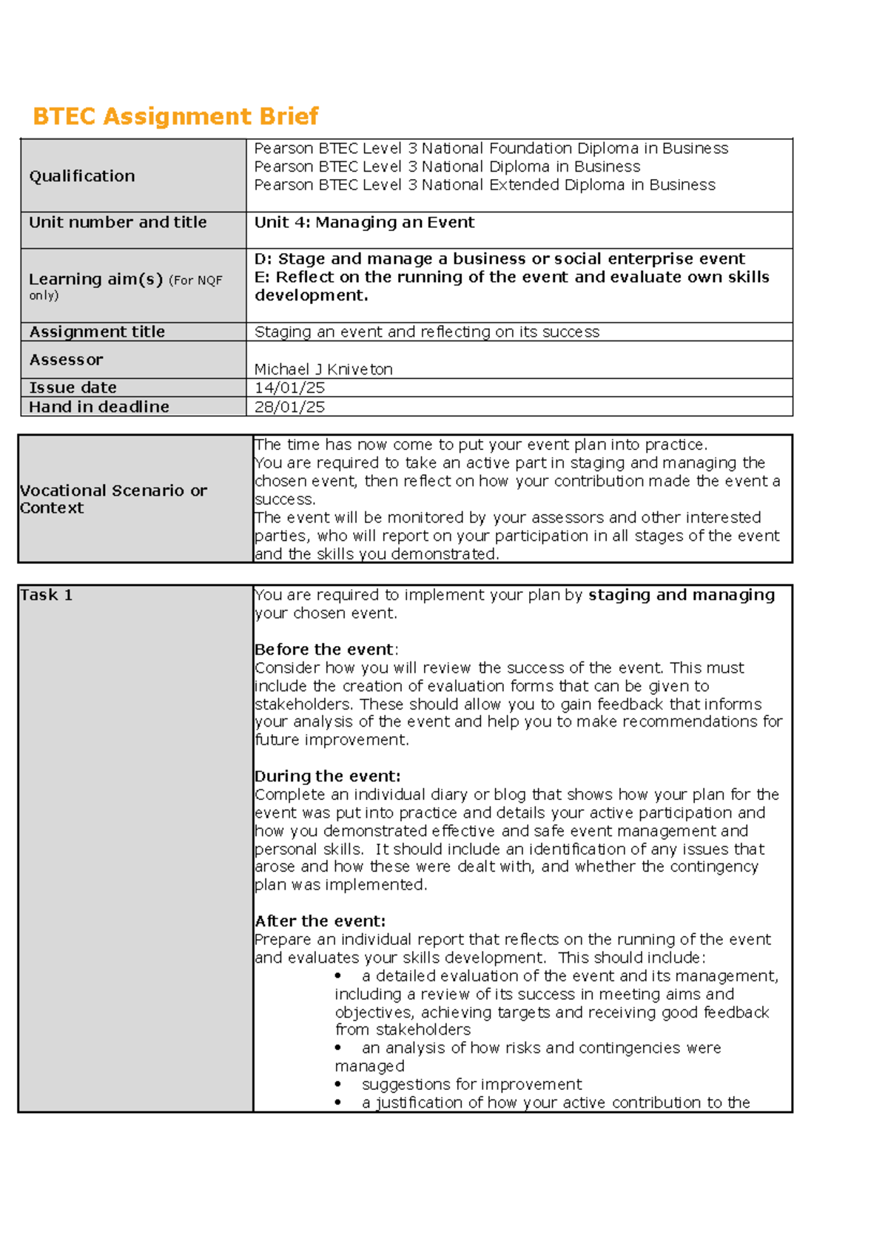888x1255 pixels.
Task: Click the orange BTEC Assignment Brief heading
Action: coord(175,116)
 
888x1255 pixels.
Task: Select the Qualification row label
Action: coord(82,176)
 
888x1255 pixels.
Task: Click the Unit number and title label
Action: coord(118,222)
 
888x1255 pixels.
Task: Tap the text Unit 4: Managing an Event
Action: coord(364,222)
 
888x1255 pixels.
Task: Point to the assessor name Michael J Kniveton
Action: coord(323,369)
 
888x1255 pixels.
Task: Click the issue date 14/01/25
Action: coord(289,388)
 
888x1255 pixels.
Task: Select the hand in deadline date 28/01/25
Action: coord(289,407)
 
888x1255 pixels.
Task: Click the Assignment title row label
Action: coord(97,332)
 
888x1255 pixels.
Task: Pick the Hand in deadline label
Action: coord(99,407)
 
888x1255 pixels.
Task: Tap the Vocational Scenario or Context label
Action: coord(113,499)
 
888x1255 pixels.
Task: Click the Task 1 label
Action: coord(46,595)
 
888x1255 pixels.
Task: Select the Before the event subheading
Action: coord(324,650)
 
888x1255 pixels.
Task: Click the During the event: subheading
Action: coord(327,776)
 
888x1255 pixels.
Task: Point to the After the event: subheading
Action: coord(320,921)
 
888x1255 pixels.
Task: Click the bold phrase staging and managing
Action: coord(681,595)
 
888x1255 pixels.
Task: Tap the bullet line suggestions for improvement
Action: coord(471,1085)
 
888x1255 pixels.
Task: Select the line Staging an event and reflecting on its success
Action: coord(427,332)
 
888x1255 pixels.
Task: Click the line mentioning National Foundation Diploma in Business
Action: coord(491,148)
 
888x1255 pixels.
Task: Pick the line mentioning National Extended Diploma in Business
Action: coord(485,185)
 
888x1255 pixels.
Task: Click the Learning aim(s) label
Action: coord(95,279)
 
